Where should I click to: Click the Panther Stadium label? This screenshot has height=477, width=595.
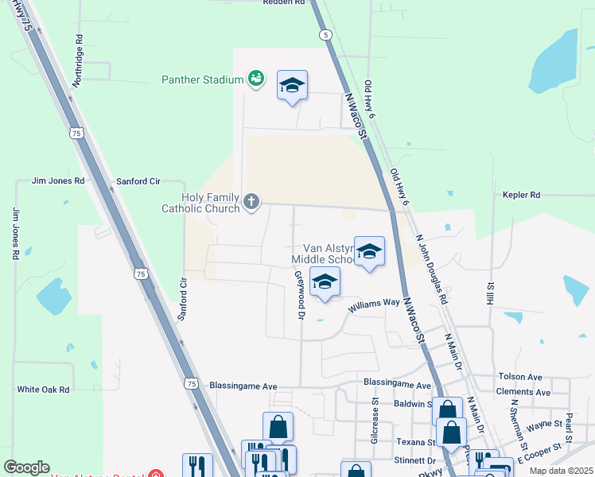[201, 79]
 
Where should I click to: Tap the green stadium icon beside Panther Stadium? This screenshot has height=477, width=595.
[255, 78]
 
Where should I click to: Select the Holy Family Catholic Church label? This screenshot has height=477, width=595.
[200, 203]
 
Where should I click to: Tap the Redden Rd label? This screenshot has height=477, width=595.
[284, 3]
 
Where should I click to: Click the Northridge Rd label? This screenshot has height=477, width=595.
[78, 60]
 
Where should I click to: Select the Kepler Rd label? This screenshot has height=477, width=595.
[521, 195]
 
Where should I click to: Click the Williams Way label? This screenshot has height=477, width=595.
[377, 302]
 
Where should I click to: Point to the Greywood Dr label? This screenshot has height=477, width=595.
[301, 295]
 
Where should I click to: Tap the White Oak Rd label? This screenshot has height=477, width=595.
[44, 390]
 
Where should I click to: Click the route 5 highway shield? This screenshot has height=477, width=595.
[325, 35]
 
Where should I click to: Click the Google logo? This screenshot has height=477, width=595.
[26, 467]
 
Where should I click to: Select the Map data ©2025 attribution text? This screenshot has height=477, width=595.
[560, 471]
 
